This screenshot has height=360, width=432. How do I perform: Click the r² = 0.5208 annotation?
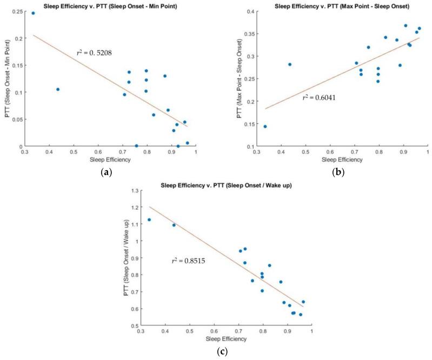coord(96,53)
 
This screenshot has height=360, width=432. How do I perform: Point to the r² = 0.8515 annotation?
coord(189,261)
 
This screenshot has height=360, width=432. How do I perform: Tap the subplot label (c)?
coord(222,352)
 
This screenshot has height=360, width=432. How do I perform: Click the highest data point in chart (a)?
coord(33,13)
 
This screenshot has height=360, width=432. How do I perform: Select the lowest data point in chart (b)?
coord(265,126)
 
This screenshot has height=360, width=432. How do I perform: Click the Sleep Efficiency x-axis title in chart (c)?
coord(226,339)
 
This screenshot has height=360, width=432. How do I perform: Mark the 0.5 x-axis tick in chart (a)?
coord(74,152)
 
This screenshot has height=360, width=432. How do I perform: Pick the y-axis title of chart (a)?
coord(5,78)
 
